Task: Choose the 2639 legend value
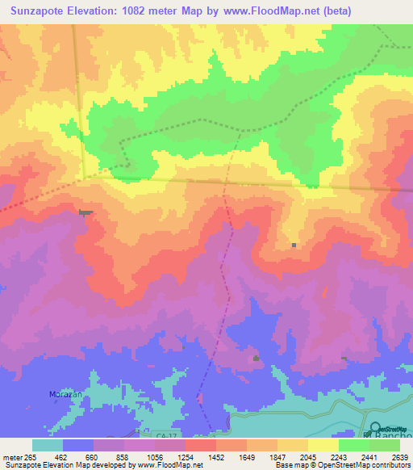tap(398, 456)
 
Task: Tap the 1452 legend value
tap(215, 456)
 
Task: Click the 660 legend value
tap(94, 456)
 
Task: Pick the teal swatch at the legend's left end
tap(48, 445)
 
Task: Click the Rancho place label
tap(397, 436)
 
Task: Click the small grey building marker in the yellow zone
tap(294, 245)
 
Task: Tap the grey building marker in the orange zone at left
tap(86, 212)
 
